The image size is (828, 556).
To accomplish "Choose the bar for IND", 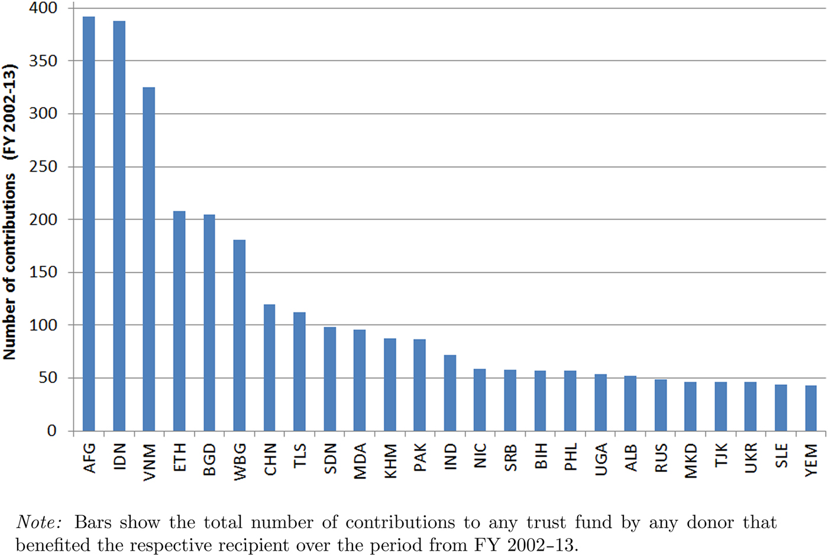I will point(450,393).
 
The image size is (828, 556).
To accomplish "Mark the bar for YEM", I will point(811,409).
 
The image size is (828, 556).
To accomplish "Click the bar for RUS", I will point(661,406).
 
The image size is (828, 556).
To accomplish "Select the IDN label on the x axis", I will point(119,457).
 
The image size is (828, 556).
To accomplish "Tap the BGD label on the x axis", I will point(209,459).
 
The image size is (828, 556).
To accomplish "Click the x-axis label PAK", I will point(420,458).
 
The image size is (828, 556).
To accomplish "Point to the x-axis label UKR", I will point(751,458).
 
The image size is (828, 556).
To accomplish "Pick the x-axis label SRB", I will point(510,458).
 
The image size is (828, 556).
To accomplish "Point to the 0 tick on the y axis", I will point(52,431).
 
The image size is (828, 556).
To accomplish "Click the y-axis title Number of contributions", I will point(9,266).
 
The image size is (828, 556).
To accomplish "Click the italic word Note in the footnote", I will point(41,523).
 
